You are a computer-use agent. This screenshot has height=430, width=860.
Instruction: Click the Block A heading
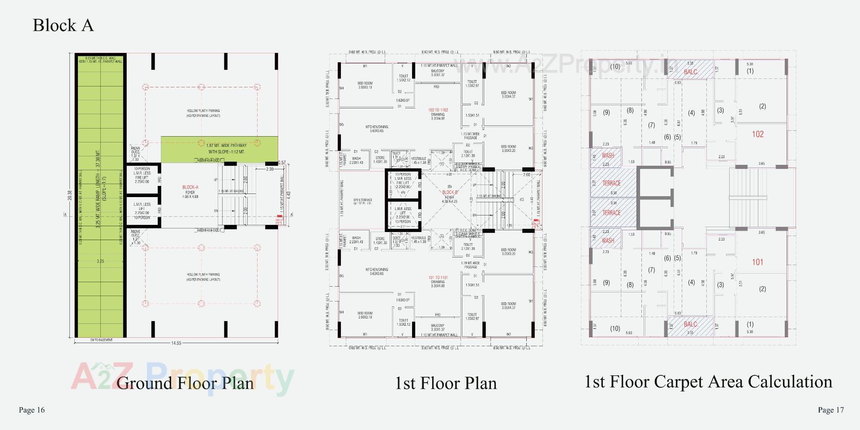click(63, 25)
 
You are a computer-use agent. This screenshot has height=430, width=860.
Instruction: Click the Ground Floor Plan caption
click(185, 383)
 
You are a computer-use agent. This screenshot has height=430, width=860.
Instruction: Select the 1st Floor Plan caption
click(446, 383)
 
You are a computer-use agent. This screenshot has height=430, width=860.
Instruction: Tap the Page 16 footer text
click(32, 410)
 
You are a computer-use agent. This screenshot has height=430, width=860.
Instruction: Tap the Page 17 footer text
click(830, 410)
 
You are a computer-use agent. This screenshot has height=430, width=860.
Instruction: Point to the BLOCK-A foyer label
click(190, 190)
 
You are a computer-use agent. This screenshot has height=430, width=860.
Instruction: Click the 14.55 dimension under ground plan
click(176, 343)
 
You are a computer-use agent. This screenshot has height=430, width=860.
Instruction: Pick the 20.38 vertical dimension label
click(69, 195)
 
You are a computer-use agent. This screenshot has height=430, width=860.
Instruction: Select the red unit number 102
click(757, 134)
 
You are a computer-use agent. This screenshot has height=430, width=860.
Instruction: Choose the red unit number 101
click(757, 262)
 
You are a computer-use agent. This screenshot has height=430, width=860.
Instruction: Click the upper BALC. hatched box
click(690, 71)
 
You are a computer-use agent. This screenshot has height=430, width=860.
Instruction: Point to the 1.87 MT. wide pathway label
click(226, 149)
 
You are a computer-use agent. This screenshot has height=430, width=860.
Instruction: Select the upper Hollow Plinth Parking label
click(203, 113)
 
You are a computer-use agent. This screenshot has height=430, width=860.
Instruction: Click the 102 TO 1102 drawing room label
click(438, 112)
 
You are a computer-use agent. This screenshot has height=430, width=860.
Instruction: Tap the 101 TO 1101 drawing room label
click(438, 280)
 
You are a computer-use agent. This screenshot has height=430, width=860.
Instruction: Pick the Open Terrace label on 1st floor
click(363, 202)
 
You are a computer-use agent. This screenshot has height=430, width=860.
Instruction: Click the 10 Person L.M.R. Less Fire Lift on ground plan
click(142, 175)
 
